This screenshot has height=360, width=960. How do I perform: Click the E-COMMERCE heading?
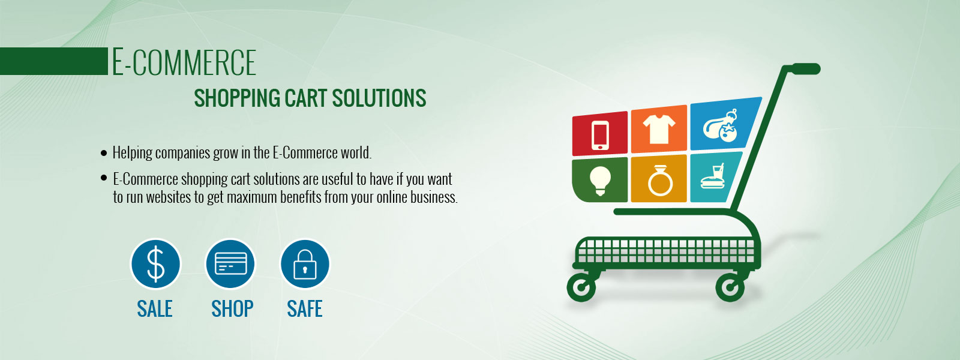[184, 62]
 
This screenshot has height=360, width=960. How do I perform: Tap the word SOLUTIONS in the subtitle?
[379, 98]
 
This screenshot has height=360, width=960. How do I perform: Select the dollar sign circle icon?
[155, 264]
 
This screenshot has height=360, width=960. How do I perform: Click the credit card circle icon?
[230, 264]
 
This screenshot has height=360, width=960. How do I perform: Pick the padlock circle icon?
[305, 264]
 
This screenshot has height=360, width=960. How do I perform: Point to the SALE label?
[155, 308]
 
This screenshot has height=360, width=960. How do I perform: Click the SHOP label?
[232, 308]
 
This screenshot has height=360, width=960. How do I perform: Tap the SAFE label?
[305, 308]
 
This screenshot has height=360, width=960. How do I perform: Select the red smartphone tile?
[600, 134]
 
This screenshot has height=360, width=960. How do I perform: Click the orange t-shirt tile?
[659, 129]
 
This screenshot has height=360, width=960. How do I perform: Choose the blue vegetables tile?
[724, 124]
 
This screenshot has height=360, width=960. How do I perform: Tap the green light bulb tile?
[600, 179]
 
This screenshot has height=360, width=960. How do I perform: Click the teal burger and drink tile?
[715, 177]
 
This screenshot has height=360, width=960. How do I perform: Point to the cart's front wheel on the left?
[581, 287]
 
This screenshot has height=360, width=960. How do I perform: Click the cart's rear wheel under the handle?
[730, 287]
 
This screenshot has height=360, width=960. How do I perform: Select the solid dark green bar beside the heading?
[54, 61]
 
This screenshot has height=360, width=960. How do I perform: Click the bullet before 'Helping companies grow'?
[104, 153]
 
